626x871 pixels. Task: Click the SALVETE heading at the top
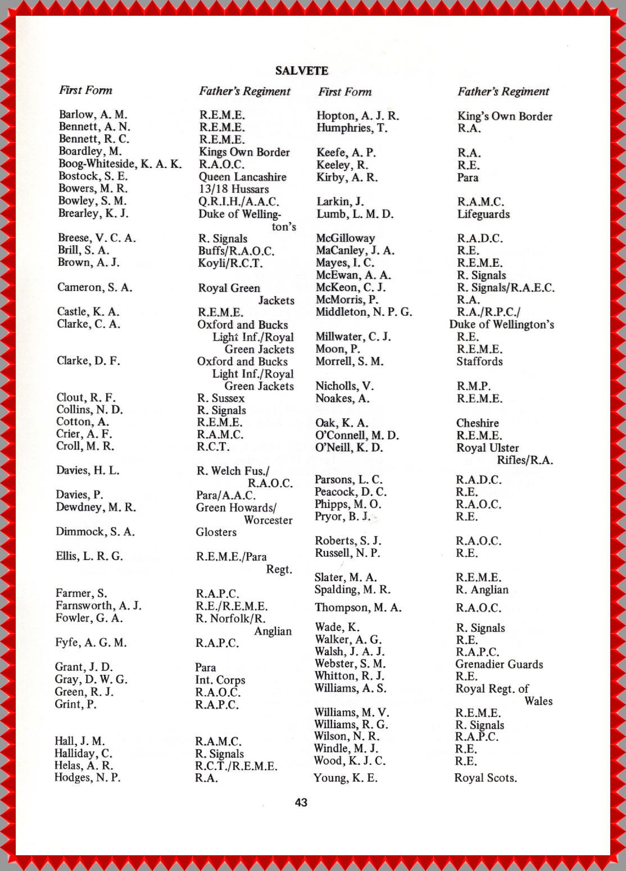pyautogui.click(x=301, y=71)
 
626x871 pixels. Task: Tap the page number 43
pyautogui.click(x=301, y=802)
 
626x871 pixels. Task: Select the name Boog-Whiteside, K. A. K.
pyautogui.click(x=120, y=164)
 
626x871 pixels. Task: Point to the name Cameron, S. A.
pyautogui.click(x=94, y=288)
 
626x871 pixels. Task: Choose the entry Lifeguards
pyautogui.click(x=483, y=214)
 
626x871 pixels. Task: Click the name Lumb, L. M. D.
pyautogui.click(x=355, y=214)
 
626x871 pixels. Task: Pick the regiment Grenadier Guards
pyautogui.click(x=499, y=664)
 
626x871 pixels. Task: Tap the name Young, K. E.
pyautogui.click(x=346, y=778)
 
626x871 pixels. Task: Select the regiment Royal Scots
pyautogui.click(x=486, y=778)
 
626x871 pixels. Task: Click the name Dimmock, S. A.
pyautogui.click(x=95, y=532)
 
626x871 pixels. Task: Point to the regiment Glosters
pyautogui.click(x=216, y=532)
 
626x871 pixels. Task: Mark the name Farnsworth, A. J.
pyautogui.click(x=98, y=606)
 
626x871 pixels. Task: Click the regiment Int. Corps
pyautogui.click(x=220, y=680)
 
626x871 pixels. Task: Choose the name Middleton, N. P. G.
pyautogui.click(x=364, y=312)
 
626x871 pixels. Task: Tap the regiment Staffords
pyautogui.click(x=479, y=361)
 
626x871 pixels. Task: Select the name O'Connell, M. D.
pyautogui.click(x=357, y=435)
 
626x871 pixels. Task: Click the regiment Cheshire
pyautogui.click(x=477, y=423)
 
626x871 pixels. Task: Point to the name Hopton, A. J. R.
pyautogui.click(x=357, y=116)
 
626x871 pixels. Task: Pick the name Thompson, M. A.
pyautogui.click(x=358, y=607)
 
